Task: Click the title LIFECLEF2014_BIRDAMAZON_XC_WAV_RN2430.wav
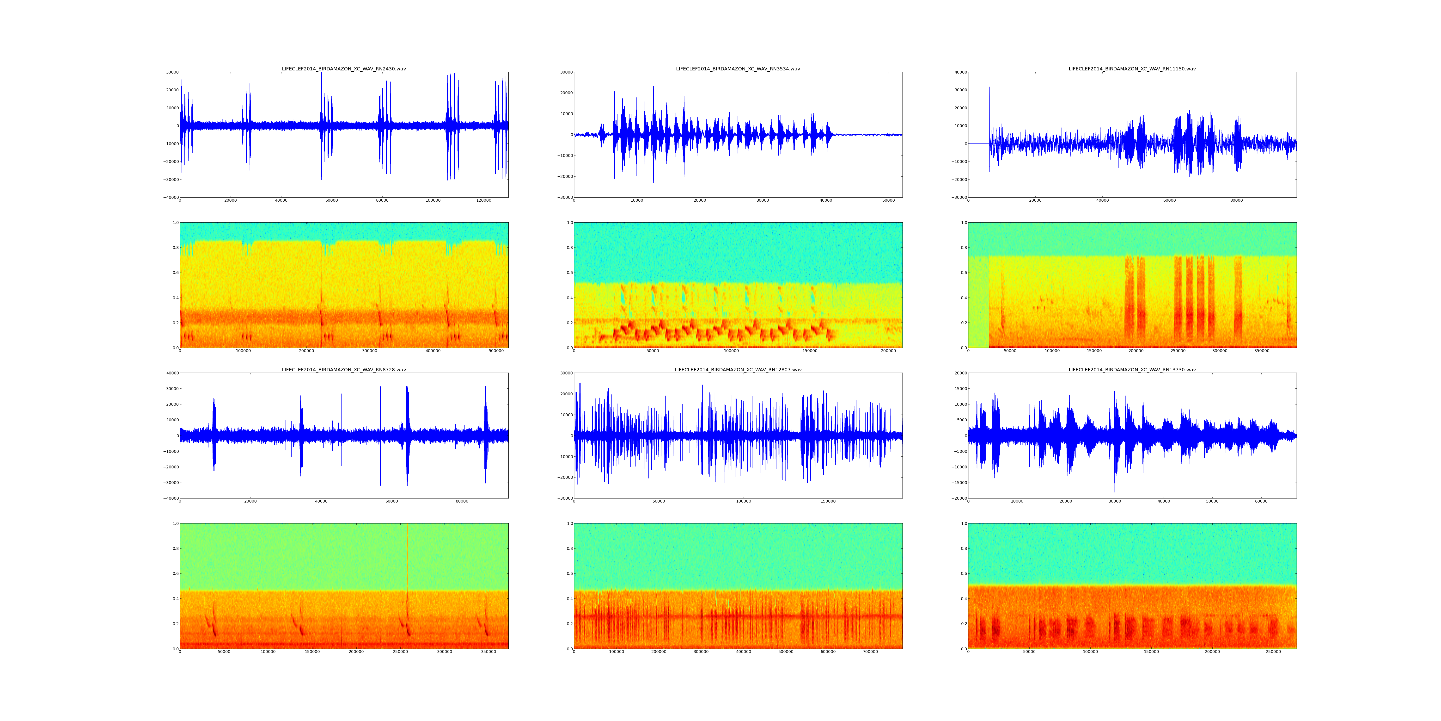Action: coord(343,69)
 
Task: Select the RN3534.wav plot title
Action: coord(738,69)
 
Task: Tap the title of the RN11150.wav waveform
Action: coord(1132,69)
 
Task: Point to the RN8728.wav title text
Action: coord(343,369)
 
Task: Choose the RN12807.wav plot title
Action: coord(738,369)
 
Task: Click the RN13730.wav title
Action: coord(1132,369)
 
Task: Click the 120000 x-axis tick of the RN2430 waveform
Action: coord(483,200)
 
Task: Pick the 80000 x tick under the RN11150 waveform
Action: coord(1236,200)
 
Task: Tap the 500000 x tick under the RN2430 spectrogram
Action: coord(496,351)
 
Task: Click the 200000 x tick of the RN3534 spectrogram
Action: coord(888,351)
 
